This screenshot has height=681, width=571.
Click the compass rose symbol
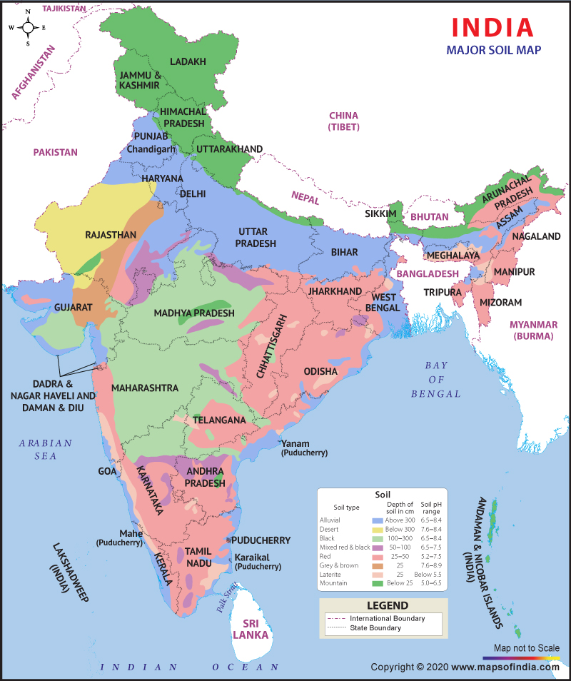[28, 27]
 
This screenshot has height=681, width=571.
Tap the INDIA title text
[492, 26]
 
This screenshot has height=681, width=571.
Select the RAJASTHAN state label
[110, 234]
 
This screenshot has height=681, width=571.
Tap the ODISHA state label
[320, 371]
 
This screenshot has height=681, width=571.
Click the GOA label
[108, 471]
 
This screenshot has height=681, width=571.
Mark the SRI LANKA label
[254, 628]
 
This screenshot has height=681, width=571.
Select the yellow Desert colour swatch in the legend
[377, 530]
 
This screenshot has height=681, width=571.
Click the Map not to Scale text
[527, 648]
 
